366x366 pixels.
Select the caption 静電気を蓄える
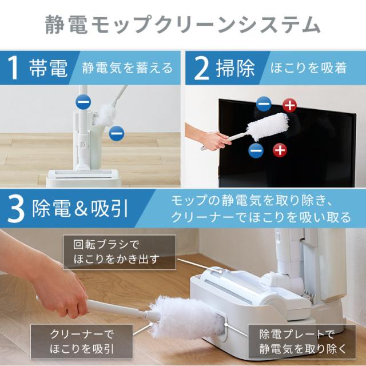[x=127, y=69]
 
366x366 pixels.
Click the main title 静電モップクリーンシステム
[x=182, y=24]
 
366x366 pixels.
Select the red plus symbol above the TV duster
[x=290, y=105]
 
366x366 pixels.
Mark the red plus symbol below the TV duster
[x=279, y=150]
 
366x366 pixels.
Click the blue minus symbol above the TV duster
[x=263, y=104]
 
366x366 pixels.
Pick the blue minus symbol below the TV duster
[x=256, y=150]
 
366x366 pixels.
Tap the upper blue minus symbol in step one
[x=83, y=103]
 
